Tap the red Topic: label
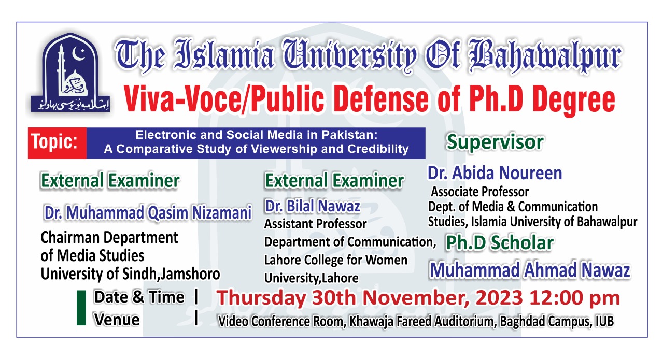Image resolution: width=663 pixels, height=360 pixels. click(58, 143)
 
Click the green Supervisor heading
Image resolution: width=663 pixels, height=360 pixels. click(495, 142)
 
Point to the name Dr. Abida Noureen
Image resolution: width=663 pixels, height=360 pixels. click(495, 173)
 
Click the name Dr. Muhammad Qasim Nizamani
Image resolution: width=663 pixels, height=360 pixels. click(148, 212)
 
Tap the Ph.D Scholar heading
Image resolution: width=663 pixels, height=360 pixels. click(499, 242)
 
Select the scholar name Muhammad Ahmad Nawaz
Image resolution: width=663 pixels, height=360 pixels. click(530, 270)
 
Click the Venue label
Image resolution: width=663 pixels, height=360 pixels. click(117, 320)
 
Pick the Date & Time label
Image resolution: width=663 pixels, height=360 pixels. click(138, 297)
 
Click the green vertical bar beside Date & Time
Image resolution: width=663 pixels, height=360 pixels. click(81, 308)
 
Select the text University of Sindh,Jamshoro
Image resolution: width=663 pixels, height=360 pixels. click(130, 274)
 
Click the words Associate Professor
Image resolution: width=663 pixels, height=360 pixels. click(480, 192)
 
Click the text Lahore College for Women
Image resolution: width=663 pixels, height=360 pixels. click(336, 260)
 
